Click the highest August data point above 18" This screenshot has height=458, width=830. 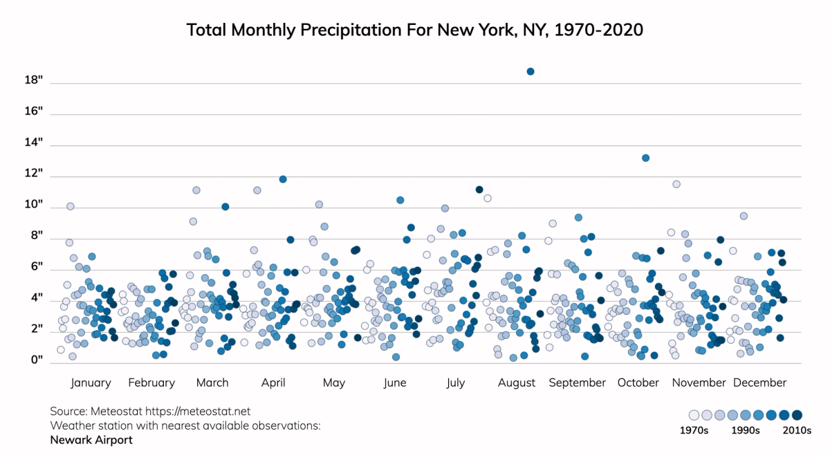[531, 71]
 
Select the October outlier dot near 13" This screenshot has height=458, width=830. [645, 158]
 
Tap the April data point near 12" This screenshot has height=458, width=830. [283, 179]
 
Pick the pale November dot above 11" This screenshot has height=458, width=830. [676, 184]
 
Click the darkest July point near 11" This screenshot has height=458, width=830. [479, 190]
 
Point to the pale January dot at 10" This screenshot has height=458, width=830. [70, 206]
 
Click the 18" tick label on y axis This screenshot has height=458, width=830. [34, 80]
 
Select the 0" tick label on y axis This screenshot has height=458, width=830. [35, 360]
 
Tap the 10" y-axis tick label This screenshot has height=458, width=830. [34, 205]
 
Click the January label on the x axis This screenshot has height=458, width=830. [91, 383]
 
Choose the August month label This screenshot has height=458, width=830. [517, 383]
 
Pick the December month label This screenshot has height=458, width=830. [759, 383]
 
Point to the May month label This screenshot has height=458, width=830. [334, 383]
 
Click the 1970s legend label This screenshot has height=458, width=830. [694, 430]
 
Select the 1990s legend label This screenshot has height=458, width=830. [746, 430]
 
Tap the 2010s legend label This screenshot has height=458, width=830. [796, 430]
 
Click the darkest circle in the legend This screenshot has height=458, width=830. [797, 415]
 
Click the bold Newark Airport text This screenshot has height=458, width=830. [91, 439]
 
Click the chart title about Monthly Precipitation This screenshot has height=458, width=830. [415, 30]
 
